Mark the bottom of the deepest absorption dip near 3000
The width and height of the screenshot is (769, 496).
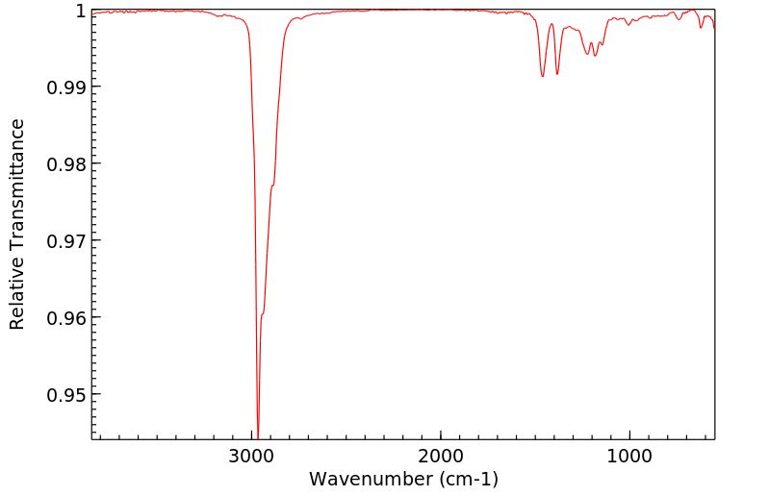tap(258, 434)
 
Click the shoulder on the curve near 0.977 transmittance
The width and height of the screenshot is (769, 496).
tap(273, 185)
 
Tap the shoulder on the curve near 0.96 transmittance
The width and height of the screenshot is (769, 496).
tap(263, 312)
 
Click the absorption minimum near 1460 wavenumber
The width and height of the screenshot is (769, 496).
tap(543, 76)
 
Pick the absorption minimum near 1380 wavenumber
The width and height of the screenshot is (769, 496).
tap(557, 75)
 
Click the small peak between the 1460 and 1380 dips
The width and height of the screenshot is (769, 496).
tap(551, 24)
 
